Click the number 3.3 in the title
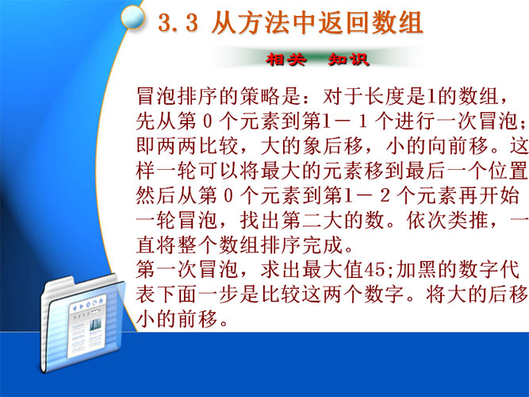pos(178,23)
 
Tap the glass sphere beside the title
pos(133,17)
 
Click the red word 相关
pos(286,60)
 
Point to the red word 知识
pos(349,60)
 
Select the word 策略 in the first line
pos(261,96)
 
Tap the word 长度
pos(385,96)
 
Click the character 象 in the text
pos(312,146)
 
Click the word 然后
pos(156,196)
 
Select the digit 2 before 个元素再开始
pos(385,196)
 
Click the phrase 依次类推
pos(447,221)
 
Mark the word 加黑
pos(416,270)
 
